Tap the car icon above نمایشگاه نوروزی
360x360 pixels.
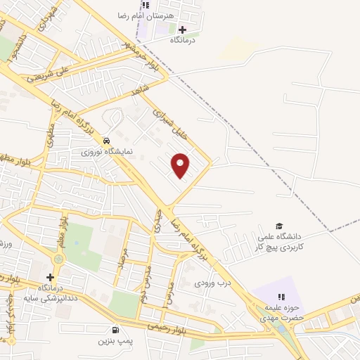coord(105,140)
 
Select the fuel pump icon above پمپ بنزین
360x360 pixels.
coord(115,329)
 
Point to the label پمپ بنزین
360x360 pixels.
coord(115,340)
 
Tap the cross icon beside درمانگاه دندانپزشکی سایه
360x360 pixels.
coord(50,278)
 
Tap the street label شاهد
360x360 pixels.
coord(141,89)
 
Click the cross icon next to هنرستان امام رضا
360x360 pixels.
coord(183,30)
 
